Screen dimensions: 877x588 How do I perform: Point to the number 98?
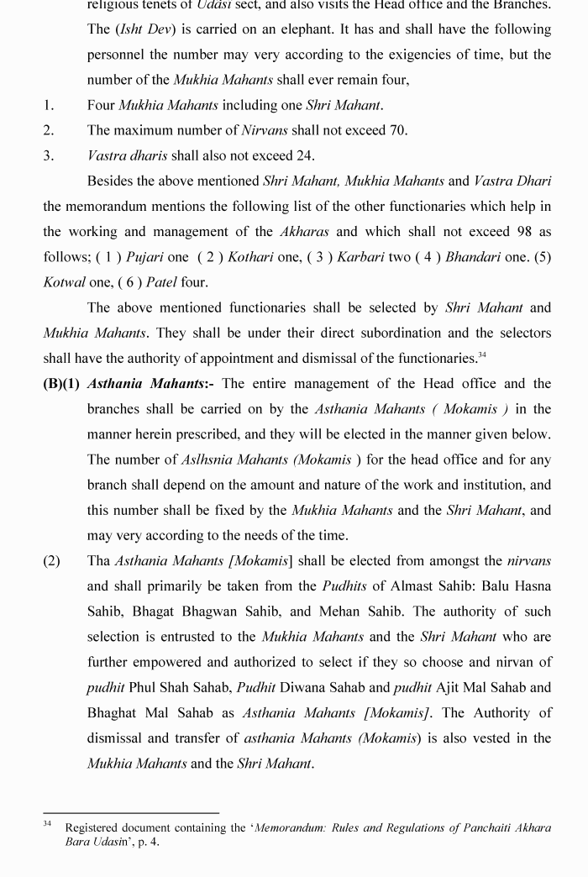[514, 231]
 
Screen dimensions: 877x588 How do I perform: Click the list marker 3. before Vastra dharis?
[49, 155]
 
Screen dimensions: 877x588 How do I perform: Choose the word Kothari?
[247, 257]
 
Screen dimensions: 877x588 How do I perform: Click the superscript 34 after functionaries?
[482, 354]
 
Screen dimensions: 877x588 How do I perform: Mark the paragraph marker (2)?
[51, 560]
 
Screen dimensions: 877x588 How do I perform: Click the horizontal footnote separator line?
[131, 812]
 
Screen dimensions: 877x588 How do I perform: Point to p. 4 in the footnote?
[146, 841]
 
